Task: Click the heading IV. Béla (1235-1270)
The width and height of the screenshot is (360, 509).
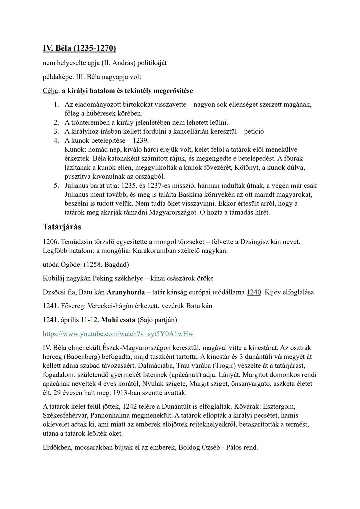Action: point(79,49)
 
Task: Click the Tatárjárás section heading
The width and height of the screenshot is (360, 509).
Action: point(62,227)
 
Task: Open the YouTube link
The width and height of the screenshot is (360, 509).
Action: point(118,334)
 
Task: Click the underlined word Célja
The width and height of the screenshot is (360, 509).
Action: point(51,91)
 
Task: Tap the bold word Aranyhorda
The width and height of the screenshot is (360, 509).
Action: point(126,292)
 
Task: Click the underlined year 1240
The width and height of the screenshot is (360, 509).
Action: point(254,292)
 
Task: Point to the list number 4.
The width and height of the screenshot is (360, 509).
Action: point(56,140)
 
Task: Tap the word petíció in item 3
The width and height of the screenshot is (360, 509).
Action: point(254,131)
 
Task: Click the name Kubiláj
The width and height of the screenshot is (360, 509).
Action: point(54,278)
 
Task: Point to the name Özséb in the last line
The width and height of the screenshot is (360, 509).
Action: point(210,447)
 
